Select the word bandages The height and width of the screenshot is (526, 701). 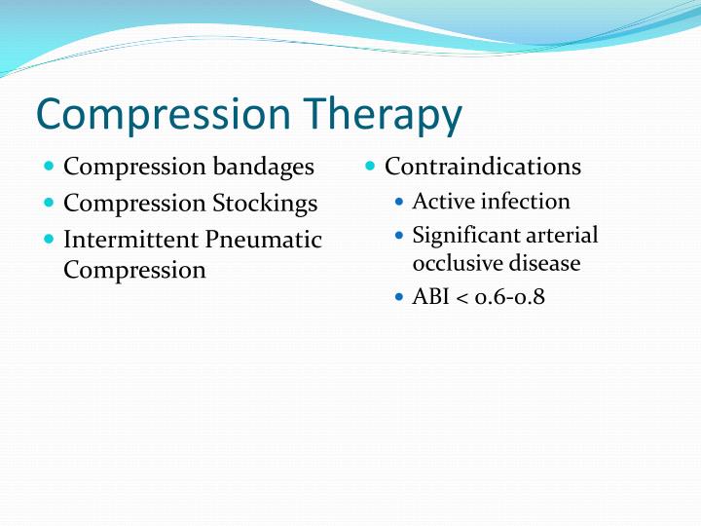coord(264,167)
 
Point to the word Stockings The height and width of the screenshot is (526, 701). coord(265,204)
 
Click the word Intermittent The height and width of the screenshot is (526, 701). coord(131,240)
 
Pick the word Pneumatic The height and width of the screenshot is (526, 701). coord(264,240)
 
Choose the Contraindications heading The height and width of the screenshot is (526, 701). coord(483,167)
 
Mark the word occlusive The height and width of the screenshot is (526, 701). coord(454,263)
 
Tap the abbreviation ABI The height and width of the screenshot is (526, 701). coord(430,296)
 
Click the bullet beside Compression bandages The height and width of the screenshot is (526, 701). coord(50,168)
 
